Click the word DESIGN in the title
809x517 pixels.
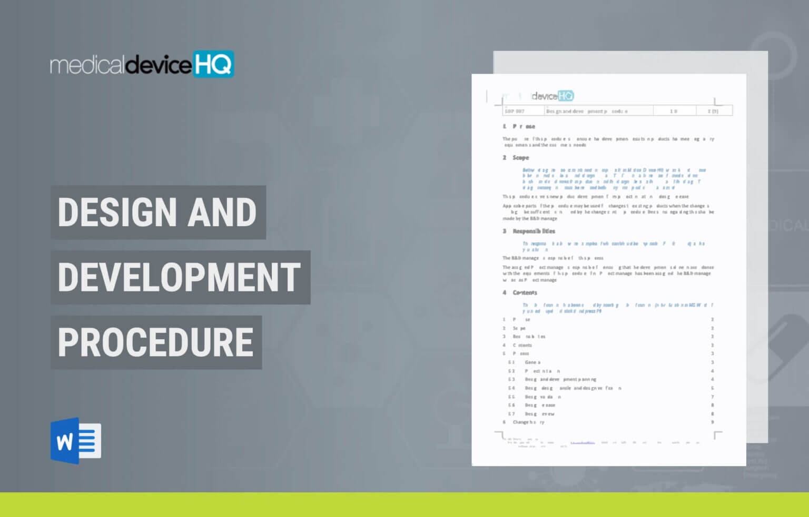click(116, 212)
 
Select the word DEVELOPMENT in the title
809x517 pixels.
click(179, 277)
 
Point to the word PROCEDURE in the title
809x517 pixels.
click(155, 342)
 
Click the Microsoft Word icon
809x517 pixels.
click(75, 441)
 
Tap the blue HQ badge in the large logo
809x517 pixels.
click(213, 64)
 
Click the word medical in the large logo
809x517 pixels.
click(87, 66)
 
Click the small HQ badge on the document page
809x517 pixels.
click(566, 96)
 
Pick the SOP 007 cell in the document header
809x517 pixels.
click(515, 111)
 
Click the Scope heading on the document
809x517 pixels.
click(520, 158)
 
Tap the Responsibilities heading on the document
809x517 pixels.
click(534, 231)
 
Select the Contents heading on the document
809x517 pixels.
click(525, 293)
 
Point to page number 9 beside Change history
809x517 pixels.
click(713, 422)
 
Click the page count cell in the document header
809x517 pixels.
click(713, 111)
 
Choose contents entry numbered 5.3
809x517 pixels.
click(560, 379)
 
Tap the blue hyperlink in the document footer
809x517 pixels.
click(583, 443)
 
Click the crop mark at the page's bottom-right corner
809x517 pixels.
click(717, 434)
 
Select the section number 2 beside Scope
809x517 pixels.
click(504, 158)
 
